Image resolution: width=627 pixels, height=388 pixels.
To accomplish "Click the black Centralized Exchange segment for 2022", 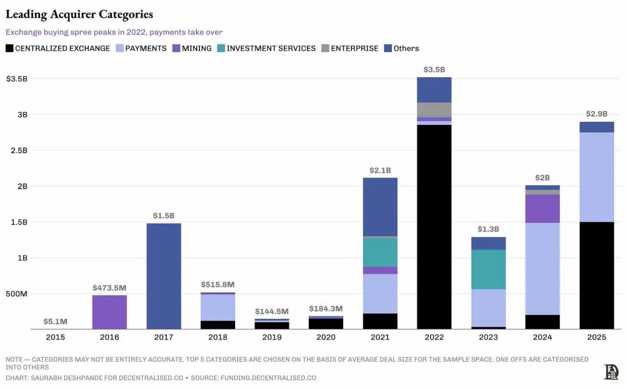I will pos(434,226).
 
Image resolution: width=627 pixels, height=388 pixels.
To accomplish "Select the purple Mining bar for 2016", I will pos(109,312).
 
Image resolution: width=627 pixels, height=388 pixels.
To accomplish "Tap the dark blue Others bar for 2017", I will pos(164,276).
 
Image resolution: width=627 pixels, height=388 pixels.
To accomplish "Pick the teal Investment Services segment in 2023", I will pos(488,269).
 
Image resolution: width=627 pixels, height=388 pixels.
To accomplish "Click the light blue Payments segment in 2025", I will pos(597,177).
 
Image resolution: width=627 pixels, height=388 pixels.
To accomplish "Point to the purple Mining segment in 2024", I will pos(542,209).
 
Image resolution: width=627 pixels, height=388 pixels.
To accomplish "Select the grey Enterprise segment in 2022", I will pos(434,110).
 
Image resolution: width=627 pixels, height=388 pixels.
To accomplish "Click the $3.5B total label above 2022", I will pos(434,70).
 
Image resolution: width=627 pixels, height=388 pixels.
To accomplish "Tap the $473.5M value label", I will pos(109,288).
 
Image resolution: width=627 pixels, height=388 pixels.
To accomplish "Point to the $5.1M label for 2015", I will pos(55,321).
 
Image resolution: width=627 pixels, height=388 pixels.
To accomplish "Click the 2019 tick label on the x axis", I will pos(272,337).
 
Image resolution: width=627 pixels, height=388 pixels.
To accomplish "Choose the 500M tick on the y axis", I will pos(17,294).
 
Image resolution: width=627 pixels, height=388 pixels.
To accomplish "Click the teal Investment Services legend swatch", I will pos(221,48).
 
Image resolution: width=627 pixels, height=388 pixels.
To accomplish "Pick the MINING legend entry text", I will pos(196,48).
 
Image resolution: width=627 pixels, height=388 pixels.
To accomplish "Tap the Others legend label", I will pos(406,48).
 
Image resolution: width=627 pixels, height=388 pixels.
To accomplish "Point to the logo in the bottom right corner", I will pos(611,372).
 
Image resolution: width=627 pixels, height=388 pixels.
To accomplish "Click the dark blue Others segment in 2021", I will pos(380,207).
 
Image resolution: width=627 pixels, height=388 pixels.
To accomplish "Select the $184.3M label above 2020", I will pos(326,309).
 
